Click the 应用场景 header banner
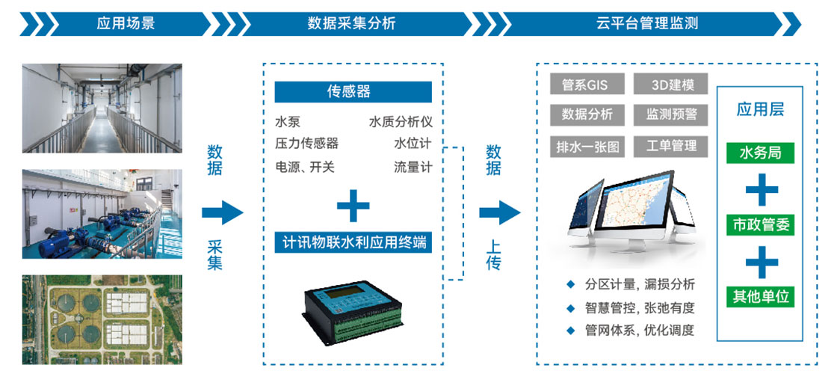pos(126,24)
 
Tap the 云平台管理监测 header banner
pos(647,24)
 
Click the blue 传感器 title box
pos(353,92)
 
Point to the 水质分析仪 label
pos(400,122)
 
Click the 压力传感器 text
pos(306,144)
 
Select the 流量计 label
pos(413,167)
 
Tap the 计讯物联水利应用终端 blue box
pos(353,242)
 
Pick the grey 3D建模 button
pos(671,85)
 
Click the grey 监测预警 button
pos(671,114)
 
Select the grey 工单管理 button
pos(671,146)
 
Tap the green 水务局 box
pos(760,153)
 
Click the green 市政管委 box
pos(760,225)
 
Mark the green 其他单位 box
pos(760,297)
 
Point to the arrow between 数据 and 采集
pos(222,213)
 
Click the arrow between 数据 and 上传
pos(500,213)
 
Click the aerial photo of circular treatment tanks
pos(102,319)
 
